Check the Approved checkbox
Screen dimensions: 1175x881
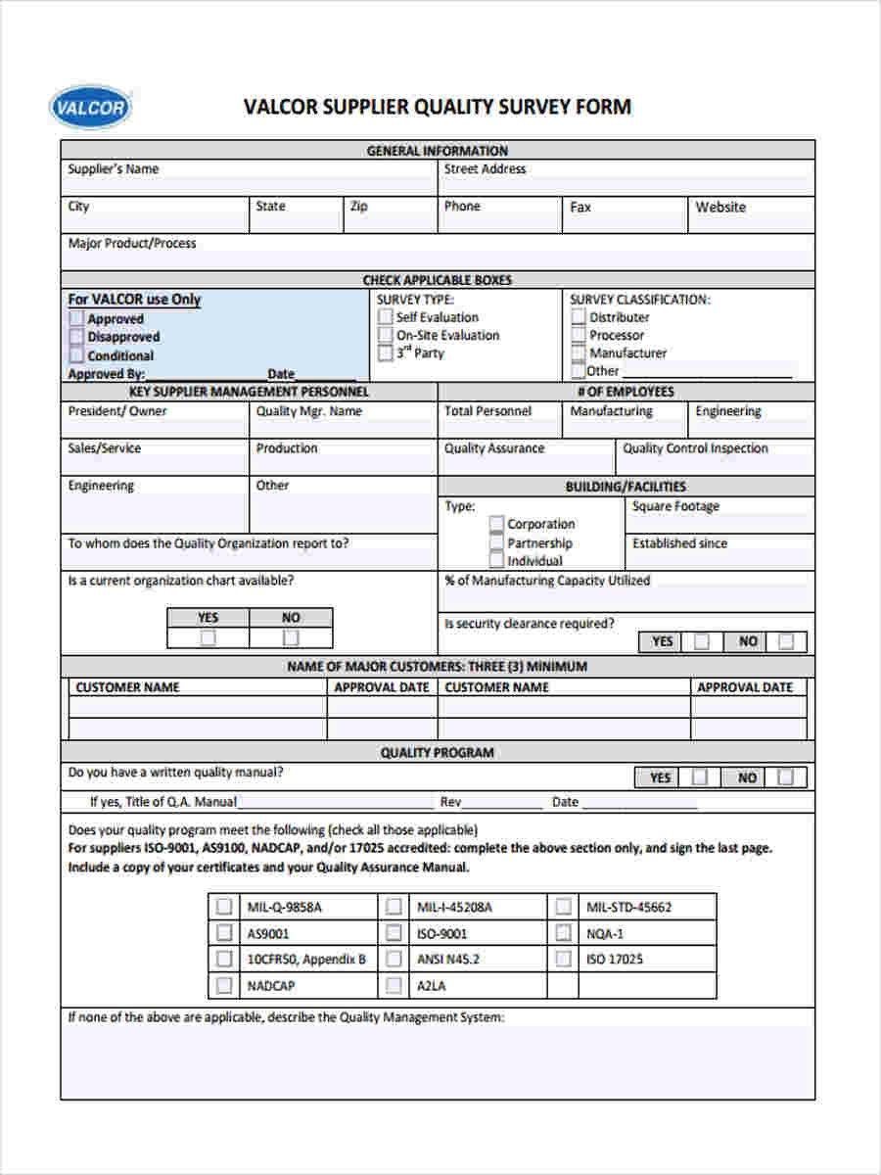pos(76,318)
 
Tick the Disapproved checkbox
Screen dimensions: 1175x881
pos(76,337)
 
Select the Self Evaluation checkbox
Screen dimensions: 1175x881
pos(386,317)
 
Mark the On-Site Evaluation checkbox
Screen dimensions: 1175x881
pos(386,335)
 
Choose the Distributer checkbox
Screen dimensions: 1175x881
pos(579,317)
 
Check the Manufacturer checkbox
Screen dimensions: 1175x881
pos(579,352)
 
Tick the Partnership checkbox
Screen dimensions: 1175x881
pos(497,542)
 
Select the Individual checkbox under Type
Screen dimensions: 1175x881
pos(497,560)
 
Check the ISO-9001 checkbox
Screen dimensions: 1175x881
pos(394,933)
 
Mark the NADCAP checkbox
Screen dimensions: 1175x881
pos(224,985)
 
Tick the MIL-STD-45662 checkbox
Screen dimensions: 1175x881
pos(563,907)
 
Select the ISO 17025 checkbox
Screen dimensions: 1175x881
pos(563,959)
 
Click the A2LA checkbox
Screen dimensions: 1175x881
pos(394,985)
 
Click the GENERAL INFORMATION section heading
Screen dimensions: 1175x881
pos(437,151)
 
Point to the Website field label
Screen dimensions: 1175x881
pos(720,208)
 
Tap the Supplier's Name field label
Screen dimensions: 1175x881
pos(113,169)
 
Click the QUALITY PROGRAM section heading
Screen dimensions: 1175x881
pos(437,753)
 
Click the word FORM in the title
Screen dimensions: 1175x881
pos(603,107)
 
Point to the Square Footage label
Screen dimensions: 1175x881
pos(675,506)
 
